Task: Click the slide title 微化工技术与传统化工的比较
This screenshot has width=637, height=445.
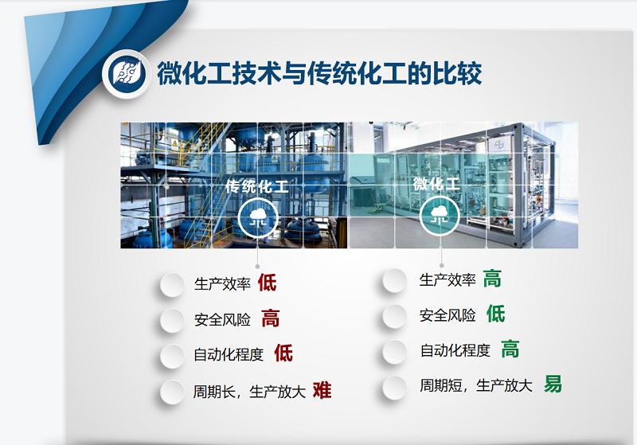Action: [318, 74]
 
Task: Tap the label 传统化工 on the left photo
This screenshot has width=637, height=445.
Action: [256, 186]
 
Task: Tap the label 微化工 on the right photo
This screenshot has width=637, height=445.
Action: [437, 184]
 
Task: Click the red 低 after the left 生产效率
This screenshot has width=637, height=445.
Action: [267, 283]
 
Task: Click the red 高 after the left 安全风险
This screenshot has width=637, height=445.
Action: [271, 319]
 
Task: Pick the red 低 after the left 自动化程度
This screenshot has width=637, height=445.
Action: [283, 353]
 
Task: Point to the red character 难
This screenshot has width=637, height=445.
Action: [322, 390]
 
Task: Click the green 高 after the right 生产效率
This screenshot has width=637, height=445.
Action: [492, 279]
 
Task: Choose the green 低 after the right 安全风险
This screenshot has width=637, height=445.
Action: [495, 314]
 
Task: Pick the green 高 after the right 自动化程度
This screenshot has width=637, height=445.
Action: [510, 349]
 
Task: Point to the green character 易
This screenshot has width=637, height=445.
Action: [553, 384]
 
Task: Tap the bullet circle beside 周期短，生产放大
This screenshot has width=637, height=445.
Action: [395, 387]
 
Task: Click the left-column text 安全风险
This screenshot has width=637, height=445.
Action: [222, 320]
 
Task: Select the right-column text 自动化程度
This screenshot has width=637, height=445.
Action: [455, 350]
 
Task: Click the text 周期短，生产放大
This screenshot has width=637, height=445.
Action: [476, 386]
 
